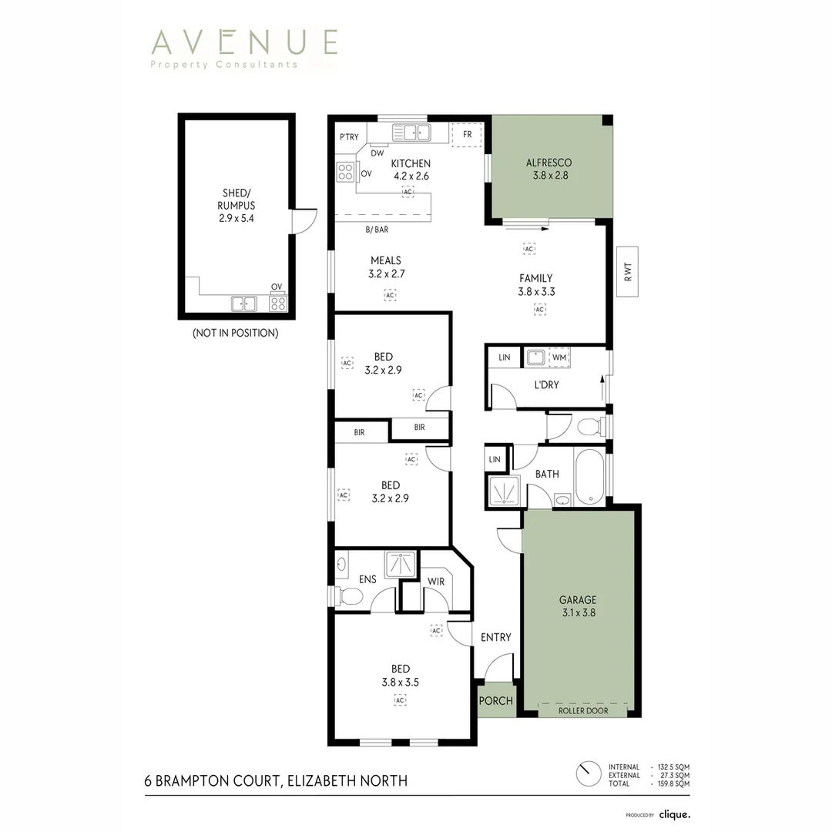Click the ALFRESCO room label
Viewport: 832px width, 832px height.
[549, 163]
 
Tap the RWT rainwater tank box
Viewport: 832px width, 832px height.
[628, 272]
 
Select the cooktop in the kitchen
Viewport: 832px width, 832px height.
[345, 171]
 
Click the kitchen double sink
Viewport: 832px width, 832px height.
[411, 133]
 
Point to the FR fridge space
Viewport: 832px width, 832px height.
[467, 134]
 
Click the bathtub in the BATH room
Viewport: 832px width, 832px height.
[589, 477]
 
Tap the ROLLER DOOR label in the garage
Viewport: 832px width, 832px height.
[583, 710]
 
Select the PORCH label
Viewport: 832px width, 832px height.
[496, 701]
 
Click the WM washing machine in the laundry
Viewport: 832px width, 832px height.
[559, 357]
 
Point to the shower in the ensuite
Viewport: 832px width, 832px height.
[401, 565]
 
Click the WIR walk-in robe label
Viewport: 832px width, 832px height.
[436, 582]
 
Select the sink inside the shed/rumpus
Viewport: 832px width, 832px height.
[244, 304]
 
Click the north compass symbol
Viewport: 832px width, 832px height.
[588, 775]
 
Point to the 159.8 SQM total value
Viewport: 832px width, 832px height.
[674, 783]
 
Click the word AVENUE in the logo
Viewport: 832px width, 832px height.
[245, 42]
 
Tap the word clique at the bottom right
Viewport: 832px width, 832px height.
[674, 814]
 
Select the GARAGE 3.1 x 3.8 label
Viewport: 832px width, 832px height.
[578, 606]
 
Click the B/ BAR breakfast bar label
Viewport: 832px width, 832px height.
[377, 230]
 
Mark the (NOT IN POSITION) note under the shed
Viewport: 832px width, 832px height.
[236, 334]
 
